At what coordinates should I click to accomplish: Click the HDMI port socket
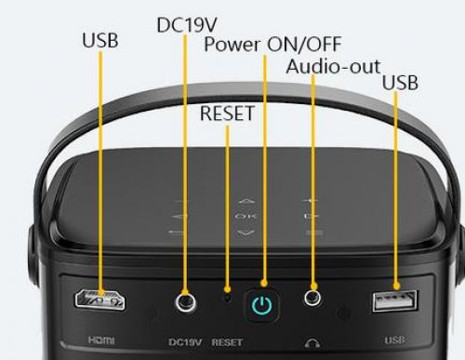point(100,300)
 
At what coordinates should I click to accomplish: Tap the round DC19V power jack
point(185,301)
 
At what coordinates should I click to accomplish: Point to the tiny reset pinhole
point(228,299)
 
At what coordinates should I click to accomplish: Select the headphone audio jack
point(312,298)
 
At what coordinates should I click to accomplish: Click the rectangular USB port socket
point(395,300)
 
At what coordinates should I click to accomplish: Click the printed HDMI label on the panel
point(101,340)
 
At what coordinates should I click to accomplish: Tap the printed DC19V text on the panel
point(185,342)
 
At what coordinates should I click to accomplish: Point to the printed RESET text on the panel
point(227,342)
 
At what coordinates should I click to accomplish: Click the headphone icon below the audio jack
point(312,343)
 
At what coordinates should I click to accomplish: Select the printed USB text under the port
point(394,340)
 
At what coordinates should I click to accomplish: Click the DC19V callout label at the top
point(187,25)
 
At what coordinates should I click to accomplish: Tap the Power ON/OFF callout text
point(272,45)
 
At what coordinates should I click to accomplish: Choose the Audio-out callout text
point(333,66)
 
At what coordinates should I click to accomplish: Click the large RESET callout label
point(227,113)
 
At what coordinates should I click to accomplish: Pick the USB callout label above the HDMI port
point(100,40)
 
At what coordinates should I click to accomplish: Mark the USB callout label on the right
point(400,83)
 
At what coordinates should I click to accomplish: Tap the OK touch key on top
point(246,216)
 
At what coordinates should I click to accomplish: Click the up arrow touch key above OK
point(246,201)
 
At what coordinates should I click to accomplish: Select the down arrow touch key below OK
point(246,233)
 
